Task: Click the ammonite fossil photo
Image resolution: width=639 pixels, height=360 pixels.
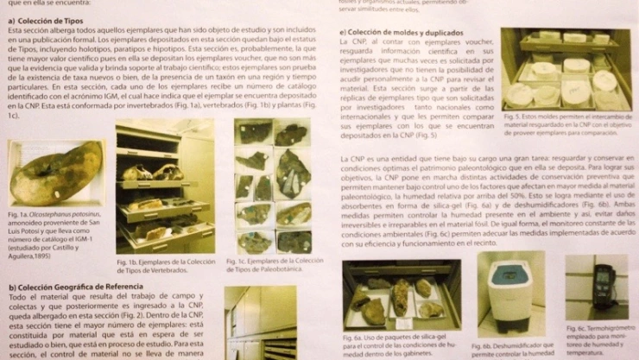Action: pos(56,174)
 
